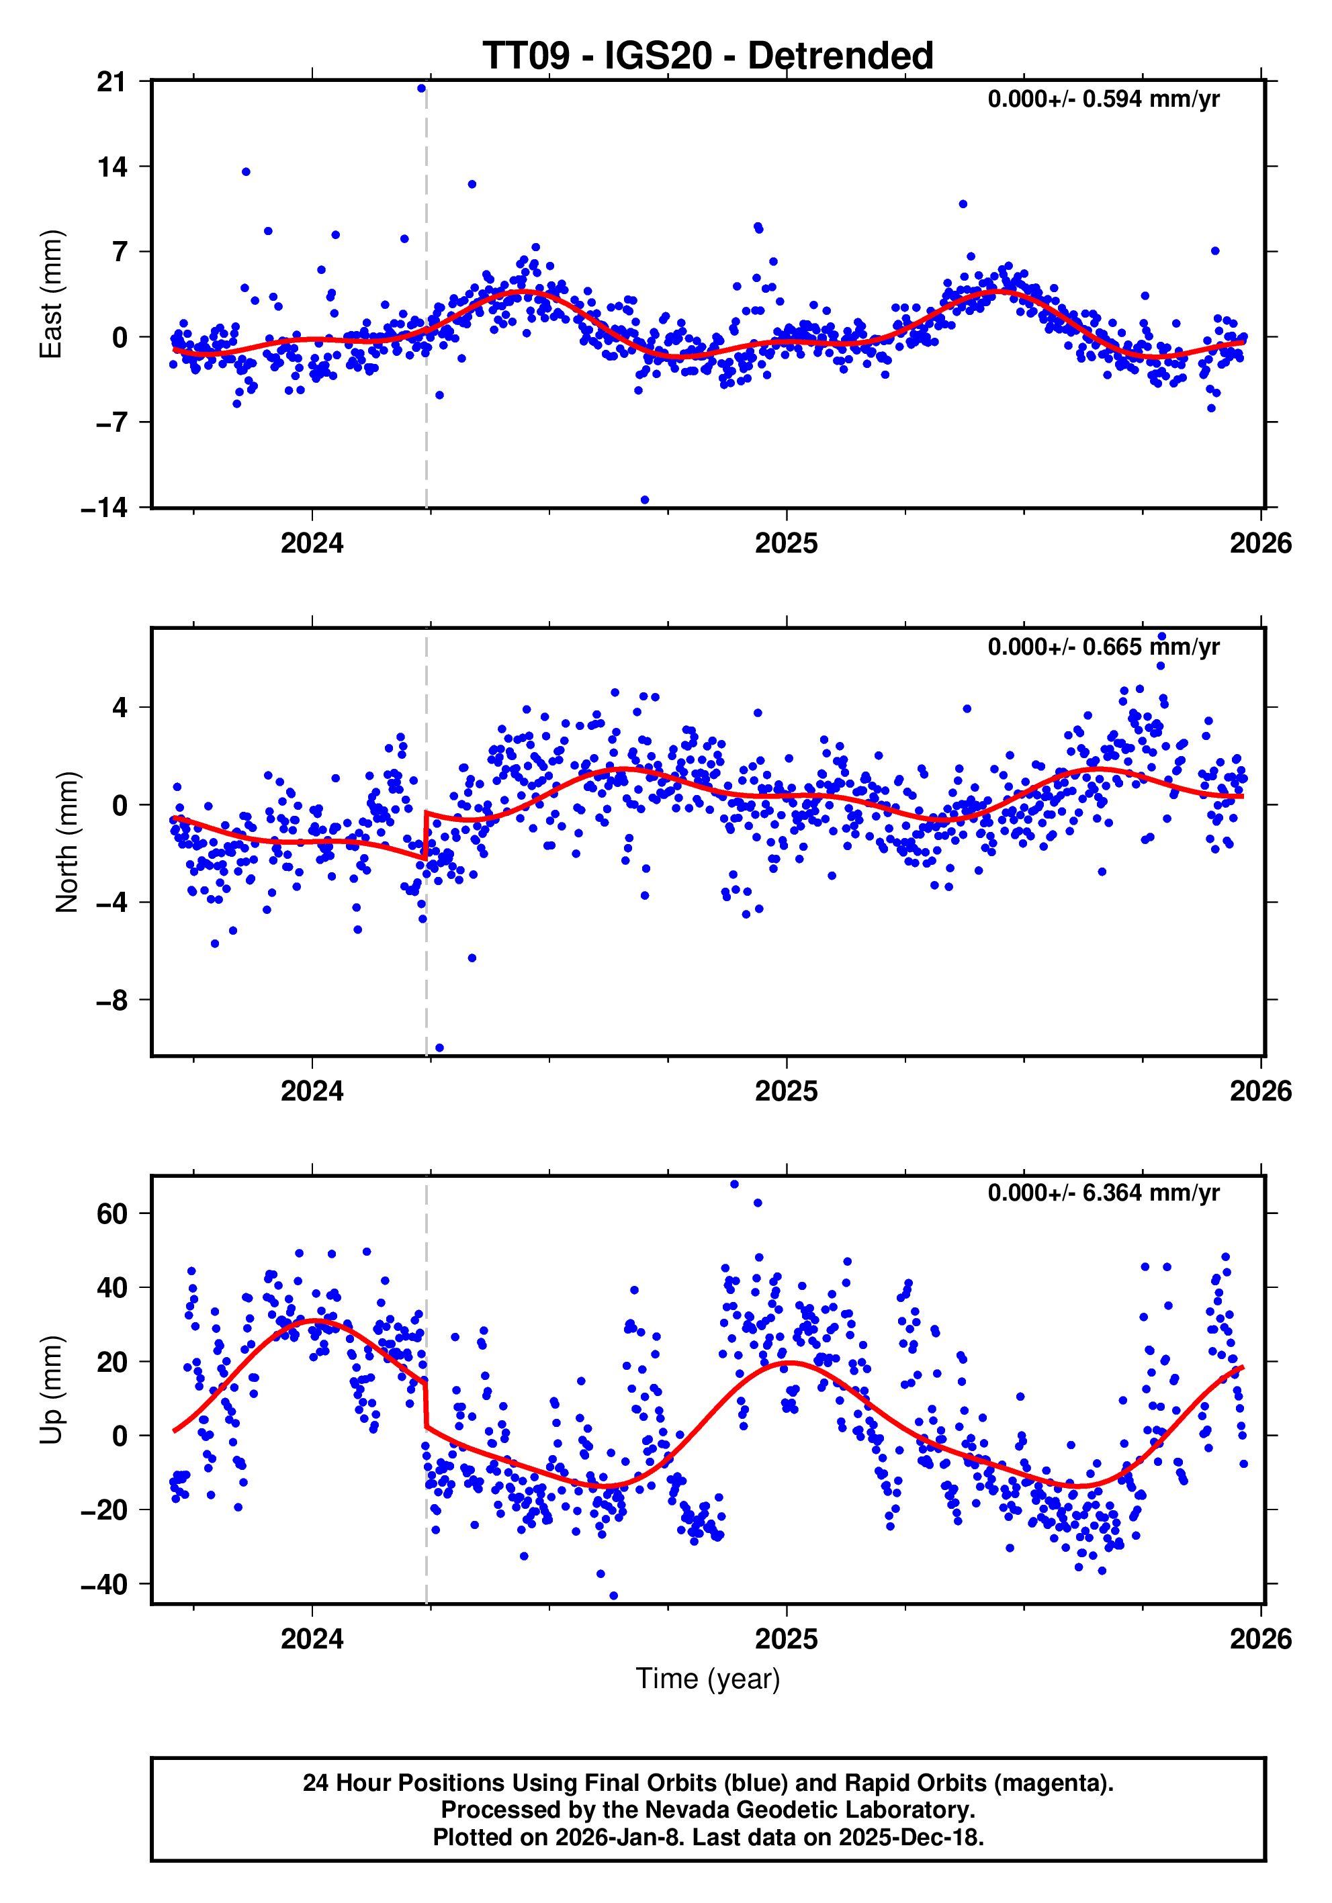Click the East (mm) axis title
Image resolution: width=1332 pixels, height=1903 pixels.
coord(52,294)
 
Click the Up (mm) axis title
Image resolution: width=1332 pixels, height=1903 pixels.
coord(52,1389)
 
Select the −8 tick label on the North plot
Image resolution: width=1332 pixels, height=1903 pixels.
coord(112,1001)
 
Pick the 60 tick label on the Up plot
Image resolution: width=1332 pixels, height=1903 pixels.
coord(112,1214)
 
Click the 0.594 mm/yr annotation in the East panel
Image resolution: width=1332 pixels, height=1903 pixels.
coord(1102,99)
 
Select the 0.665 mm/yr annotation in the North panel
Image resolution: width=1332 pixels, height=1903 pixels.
coord(1102,647)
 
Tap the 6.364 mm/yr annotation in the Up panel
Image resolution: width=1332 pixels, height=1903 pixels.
coord(1102,1193)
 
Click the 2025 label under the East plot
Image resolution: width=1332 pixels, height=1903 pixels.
coord(786,544)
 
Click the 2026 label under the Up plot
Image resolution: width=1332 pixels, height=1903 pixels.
coord(1260,1639)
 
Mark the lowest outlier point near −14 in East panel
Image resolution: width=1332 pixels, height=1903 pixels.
coord(645,500)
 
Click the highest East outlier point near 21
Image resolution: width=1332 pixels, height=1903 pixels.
coord(421,88)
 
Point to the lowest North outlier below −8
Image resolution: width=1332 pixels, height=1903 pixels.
coord(439,1048)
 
